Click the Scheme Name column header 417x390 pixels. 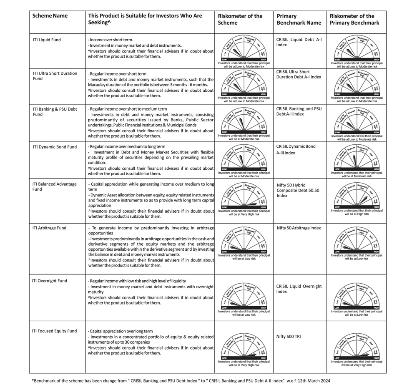pyautogui.click(x=50, y=16)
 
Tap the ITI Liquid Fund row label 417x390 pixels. pyautogui.click(x=47, y=40)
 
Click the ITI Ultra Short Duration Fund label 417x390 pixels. pyautogui.click(x=55, y=76)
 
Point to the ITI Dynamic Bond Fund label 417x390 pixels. pyautogui.click(x=55, y=147)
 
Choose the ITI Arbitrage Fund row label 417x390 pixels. pyautogui.click(x=49, y=228)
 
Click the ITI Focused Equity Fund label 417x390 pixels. pyautogui.click(x=55, y=331)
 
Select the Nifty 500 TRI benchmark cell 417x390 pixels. pyautogui.click(x=289, y=336)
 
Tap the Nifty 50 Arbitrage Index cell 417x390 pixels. pyautogui.click(x=299, y=228)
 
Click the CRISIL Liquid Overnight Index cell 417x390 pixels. pyautogui.click(x=299, y=289)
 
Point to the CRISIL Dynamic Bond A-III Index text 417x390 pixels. pyautogui.click(x=296, y=150)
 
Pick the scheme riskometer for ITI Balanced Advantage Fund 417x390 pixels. pyautogui.click(x=244, y=198)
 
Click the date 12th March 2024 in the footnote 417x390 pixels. pyautogui.click(x=315, y=380)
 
